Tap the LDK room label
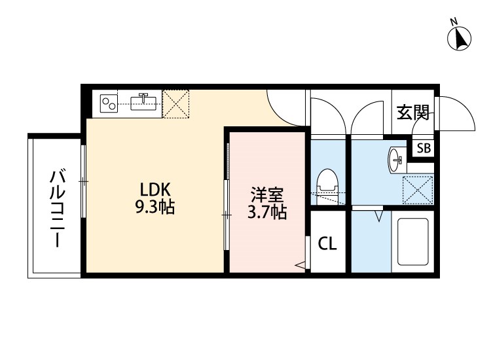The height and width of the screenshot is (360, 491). (155, 190)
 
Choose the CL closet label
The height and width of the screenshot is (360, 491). (327, 244)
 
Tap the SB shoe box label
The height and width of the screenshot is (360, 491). (424, 148)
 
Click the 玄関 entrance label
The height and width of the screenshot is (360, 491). (412, 113)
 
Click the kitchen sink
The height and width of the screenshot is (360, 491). (145, 101)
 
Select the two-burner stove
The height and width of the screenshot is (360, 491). (109, 102)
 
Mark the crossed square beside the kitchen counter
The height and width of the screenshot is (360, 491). (175, 103)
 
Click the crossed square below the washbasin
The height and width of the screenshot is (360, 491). (417, 190)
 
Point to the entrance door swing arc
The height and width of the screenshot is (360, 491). (457, 115)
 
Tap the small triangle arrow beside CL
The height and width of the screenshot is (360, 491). (300, 265)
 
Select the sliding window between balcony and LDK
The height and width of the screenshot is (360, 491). (83, 180)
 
